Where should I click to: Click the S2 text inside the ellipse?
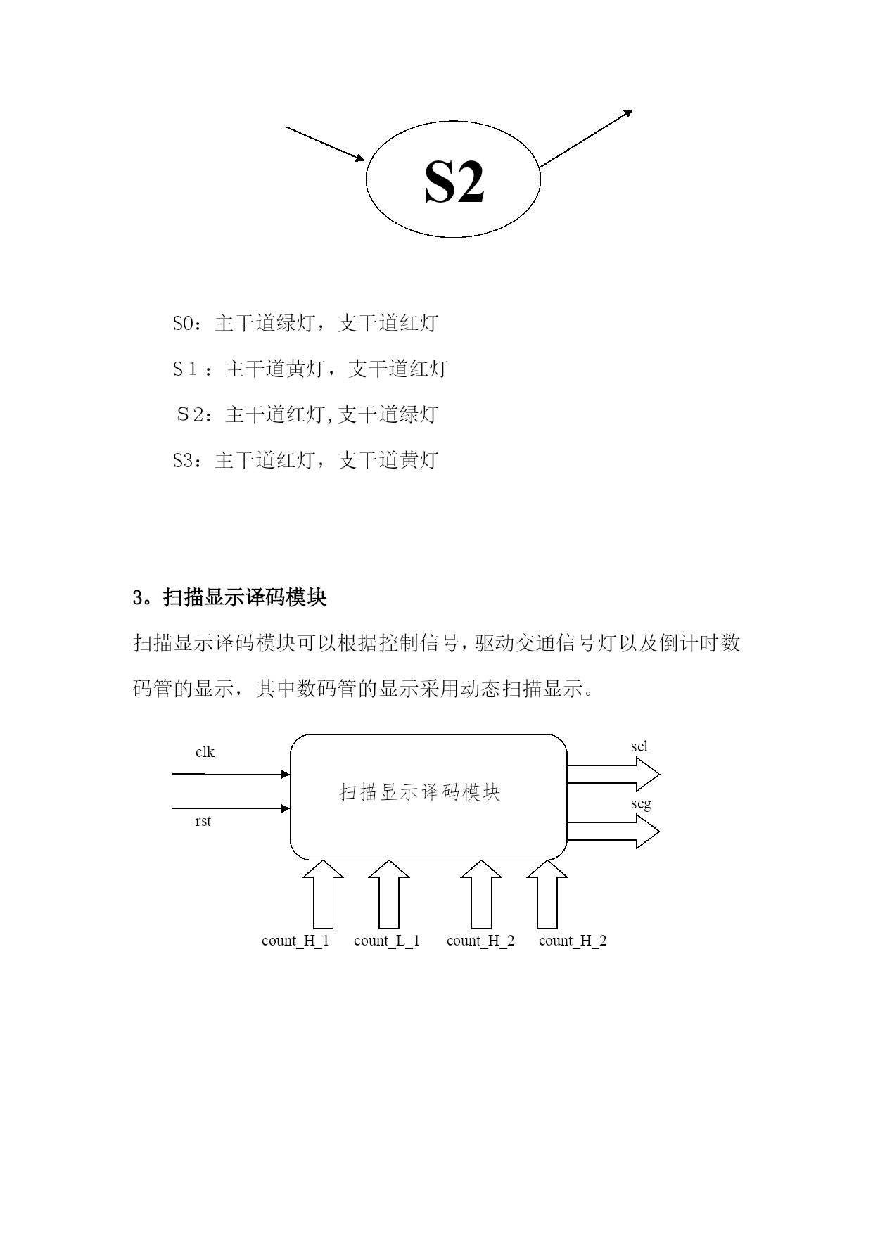(454, 182)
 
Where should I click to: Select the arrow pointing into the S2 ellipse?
(325, 144)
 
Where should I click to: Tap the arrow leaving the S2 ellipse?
(587, 138)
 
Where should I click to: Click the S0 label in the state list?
(182, 324)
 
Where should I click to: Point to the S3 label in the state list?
(182, 461)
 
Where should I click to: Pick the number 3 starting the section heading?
(138, 598)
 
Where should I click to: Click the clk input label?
(205, 752)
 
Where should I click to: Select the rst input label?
(203, 821)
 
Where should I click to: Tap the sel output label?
(639, 746)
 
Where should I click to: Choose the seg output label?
(640, 803)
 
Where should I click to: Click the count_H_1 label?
(295, 941)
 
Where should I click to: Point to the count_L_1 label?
(387, 941)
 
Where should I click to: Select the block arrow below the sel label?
(613, 775)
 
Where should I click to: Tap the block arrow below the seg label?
(613, 832)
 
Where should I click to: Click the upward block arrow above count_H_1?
(323, 895)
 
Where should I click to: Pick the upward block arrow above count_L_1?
(389, 895)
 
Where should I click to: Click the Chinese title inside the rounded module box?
(420, 793)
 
